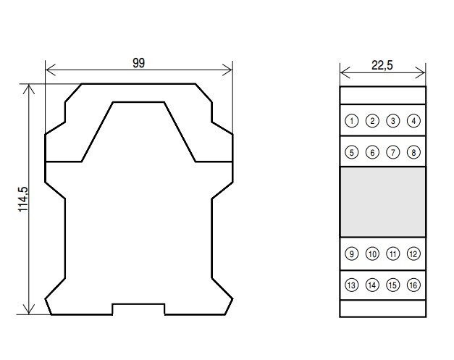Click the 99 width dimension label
(x=139, y=63)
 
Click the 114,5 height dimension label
(x=23, y=199)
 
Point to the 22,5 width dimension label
(x=382, y=65)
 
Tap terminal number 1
(x=352, y=121)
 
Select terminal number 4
(x=413, y=121)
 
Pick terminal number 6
(x=372, y=152)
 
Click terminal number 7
(x=393, y=152)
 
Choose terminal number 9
(x=352, y=254)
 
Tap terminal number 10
(x=372, y=254)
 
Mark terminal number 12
(x=413, y=254)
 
